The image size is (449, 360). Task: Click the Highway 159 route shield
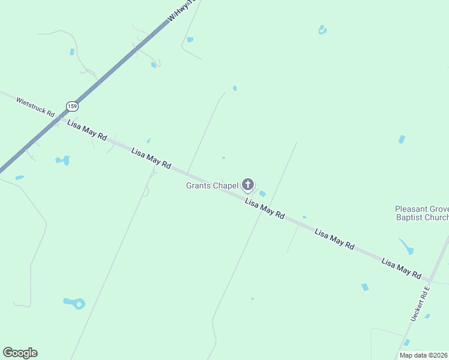[73, 106]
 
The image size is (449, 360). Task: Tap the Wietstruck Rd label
[35, 107]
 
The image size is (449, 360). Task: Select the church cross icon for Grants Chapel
[248, 185]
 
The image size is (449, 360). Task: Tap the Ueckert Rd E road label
[420, 304]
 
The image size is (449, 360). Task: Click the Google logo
[20, 353]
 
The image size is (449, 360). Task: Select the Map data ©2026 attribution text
[423, 355]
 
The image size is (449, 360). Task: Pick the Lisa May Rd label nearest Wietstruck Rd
[87, 130]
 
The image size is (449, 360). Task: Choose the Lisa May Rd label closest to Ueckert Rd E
[402, 268]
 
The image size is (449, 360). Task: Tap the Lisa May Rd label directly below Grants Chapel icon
[265, 209]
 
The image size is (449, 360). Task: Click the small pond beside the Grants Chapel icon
[262, 193]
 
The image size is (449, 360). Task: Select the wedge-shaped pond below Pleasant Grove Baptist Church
[406, 245]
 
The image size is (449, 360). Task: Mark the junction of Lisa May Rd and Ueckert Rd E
[430, 280]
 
